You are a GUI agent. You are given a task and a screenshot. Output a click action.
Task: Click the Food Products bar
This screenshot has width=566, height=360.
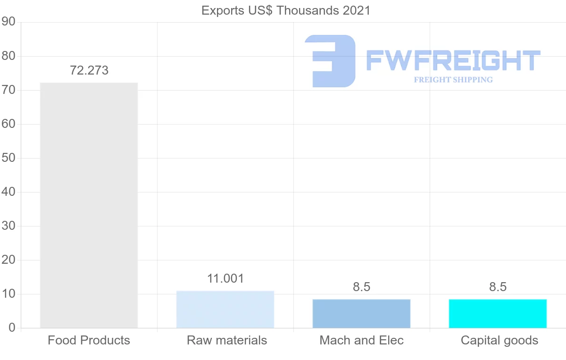coord(89,205)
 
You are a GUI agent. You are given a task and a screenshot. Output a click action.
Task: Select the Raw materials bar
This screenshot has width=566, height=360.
coord(225,310)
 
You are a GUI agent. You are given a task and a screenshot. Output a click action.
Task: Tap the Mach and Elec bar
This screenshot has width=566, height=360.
coord(361,314)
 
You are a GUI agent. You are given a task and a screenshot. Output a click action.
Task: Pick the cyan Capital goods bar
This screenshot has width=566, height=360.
coord(498,314)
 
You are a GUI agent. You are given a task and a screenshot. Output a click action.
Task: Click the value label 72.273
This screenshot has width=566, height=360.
coord(89,71)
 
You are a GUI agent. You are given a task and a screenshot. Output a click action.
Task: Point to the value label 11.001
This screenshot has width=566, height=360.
coord(225,279)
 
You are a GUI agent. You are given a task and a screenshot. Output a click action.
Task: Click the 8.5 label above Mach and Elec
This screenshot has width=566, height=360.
coord(361,287)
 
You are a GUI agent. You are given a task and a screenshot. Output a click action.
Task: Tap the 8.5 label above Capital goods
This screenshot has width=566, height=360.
coord(498,287)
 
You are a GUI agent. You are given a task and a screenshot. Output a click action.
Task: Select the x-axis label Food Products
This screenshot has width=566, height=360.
coord(89,340)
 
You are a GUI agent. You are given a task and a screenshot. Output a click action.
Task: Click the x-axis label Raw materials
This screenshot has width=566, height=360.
coord(227,340)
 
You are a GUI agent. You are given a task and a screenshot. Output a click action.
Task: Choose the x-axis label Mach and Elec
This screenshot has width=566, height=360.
coord(361,340)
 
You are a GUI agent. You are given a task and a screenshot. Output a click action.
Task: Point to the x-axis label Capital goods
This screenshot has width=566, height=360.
coord(499,340)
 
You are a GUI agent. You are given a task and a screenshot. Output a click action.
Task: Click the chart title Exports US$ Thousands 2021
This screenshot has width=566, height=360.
coord(286,10)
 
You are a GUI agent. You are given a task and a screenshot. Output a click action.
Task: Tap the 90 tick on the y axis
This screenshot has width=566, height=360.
coord(8,22)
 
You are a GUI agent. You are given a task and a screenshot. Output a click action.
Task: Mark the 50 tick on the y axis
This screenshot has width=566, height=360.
coord(8,158)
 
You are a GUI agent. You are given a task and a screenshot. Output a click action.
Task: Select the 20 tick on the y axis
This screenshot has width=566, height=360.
coord(8,260)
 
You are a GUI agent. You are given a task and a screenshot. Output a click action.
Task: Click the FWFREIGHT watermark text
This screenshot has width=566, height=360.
coord(453,60)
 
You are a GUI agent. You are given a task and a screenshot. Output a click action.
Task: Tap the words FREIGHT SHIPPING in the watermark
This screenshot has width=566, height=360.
coord(453,80)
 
